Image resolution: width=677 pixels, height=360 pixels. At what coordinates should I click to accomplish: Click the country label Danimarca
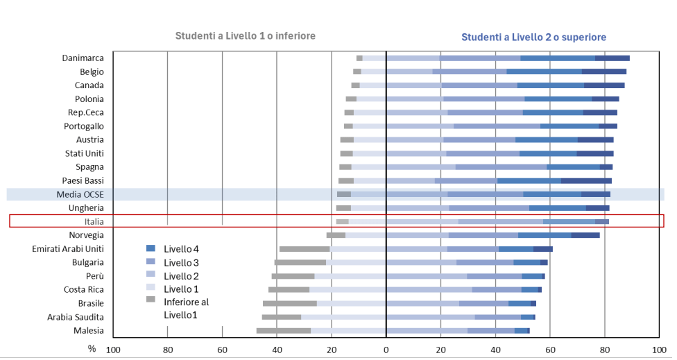83,58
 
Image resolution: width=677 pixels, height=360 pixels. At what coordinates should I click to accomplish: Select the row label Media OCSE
80,194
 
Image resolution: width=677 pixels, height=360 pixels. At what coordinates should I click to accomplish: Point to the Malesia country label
88,330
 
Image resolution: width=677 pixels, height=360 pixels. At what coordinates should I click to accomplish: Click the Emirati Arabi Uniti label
68,248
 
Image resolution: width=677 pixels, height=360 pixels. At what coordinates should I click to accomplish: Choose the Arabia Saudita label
76,317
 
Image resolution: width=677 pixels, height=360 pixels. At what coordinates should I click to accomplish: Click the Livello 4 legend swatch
150,248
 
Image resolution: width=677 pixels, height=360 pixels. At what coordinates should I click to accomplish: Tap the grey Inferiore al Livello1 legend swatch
150,300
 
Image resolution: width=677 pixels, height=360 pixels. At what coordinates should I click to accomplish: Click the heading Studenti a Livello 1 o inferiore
245,35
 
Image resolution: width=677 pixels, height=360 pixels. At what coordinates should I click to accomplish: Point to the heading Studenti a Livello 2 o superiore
533,37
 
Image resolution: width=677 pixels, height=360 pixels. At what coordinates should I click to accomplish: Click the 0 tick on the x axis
386,349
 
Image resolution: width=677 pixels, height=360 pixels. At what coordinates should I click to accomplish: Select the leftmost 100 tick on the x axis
112,349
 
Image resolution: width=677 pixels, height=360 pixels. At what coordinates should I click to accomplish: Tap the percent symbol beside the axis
92,348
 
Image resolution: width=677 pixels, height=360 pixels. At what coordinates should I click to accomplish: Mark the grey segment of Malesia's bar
283,331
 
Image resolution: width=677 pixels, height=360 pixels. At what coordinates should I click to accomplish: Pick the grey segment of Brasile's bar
290,303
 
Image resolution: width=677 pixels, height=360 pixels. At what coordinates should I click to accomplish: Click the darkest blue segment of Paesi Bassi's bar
586,181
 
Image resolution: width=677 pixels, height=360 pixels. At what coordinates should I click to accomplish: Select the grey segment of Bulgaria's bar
300,262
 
